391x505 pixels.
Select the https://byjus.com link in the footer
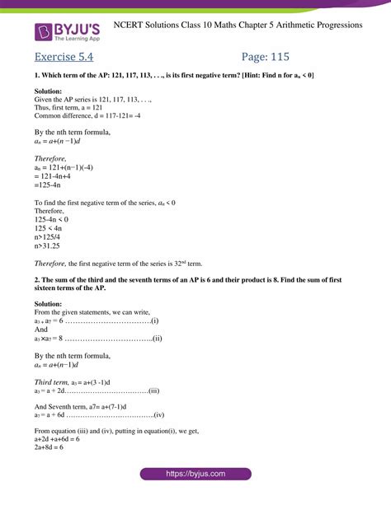[x=195, y=475]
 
